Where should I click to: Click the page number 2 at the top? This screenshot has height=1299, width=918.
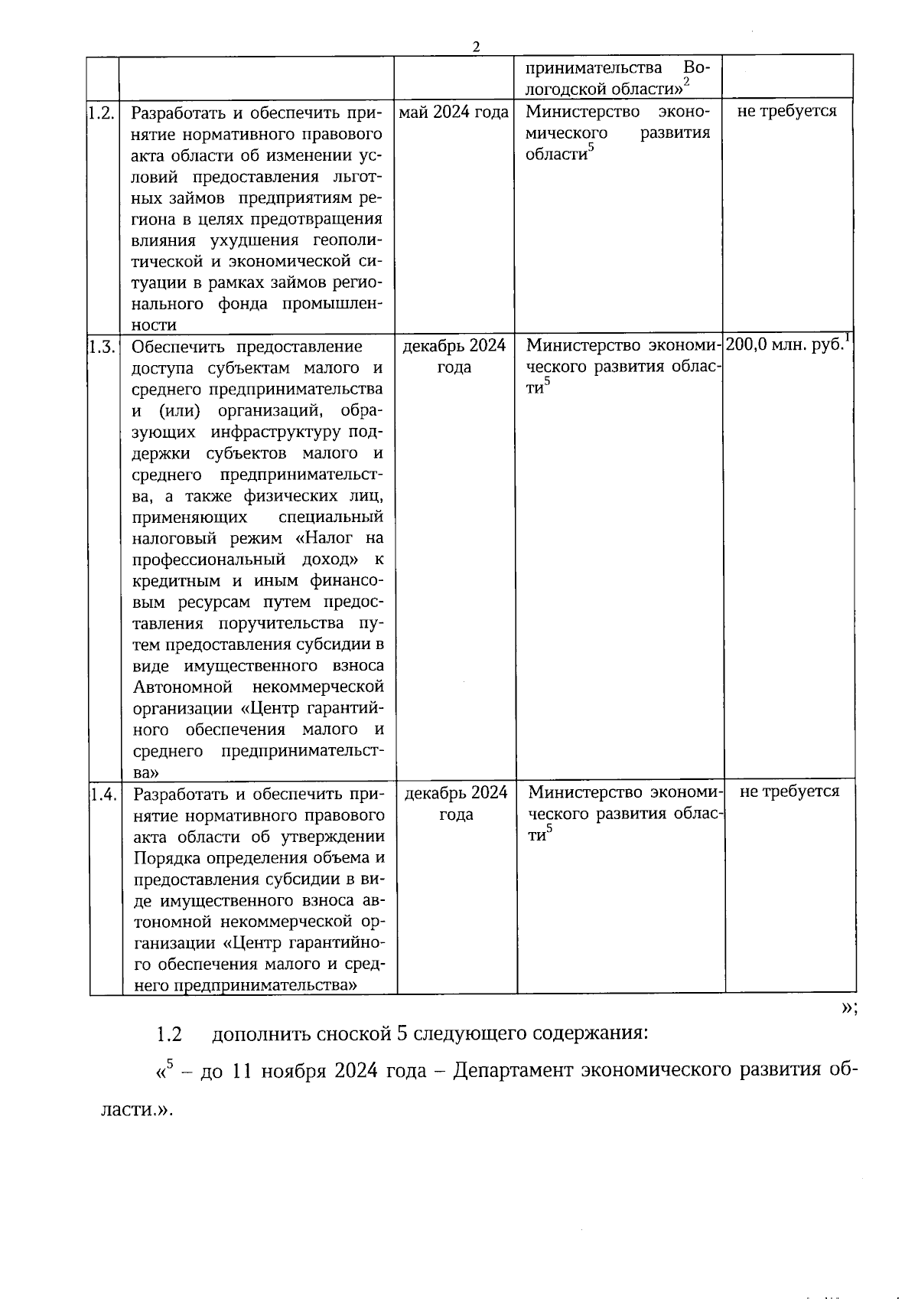tap(476, 47)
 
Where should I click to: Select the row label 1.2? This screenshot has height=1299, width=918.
tap(101, 113)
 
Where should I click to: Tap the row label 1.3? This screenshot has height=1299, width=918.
tap(102, 347)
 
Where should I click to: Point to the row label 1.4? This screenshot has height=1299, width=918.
tap(103, 794)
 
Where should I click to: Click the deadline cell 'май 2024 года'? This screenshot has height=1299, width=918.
tap(454, 113)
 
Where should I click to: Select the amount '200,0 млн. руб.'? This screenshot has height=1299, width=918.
tap(785, 344)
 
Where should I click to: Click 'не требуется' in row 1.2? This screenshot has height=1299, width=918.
tap(787, 111)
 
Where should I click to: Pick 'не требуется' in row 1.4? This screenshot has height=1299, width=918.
tap(789, 791)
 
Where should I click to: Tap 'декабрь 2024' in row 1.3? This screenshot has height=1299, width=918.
tap(454, 345)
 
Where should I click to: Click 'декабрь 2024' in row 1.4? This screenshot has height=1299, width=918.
tap(456, 792)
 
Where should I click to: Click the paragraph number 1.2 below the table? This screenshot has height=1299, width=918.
tap(168, 1034)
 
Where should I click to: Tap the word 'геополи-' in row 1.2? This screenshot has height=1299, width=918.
tap(347, 240)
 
